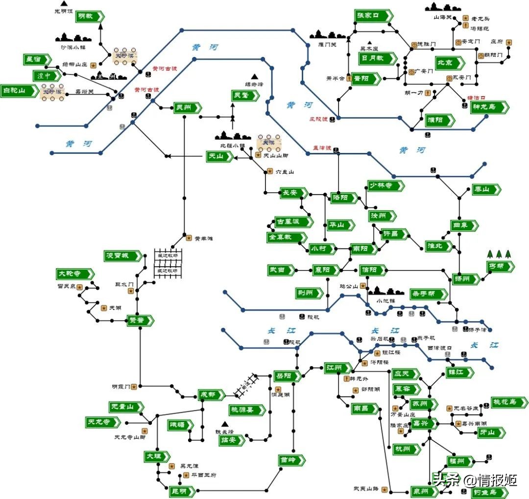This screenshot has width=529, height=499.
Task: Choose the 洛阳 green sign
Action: pos(343,198)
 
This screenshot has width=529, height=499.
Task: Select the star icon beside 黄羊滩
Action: pos(189,238)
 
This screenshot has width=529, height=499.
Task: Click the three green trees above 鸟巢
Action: pos(499,254)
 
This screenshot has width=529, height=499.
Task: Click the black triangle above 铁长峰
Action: pos(225,424)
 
